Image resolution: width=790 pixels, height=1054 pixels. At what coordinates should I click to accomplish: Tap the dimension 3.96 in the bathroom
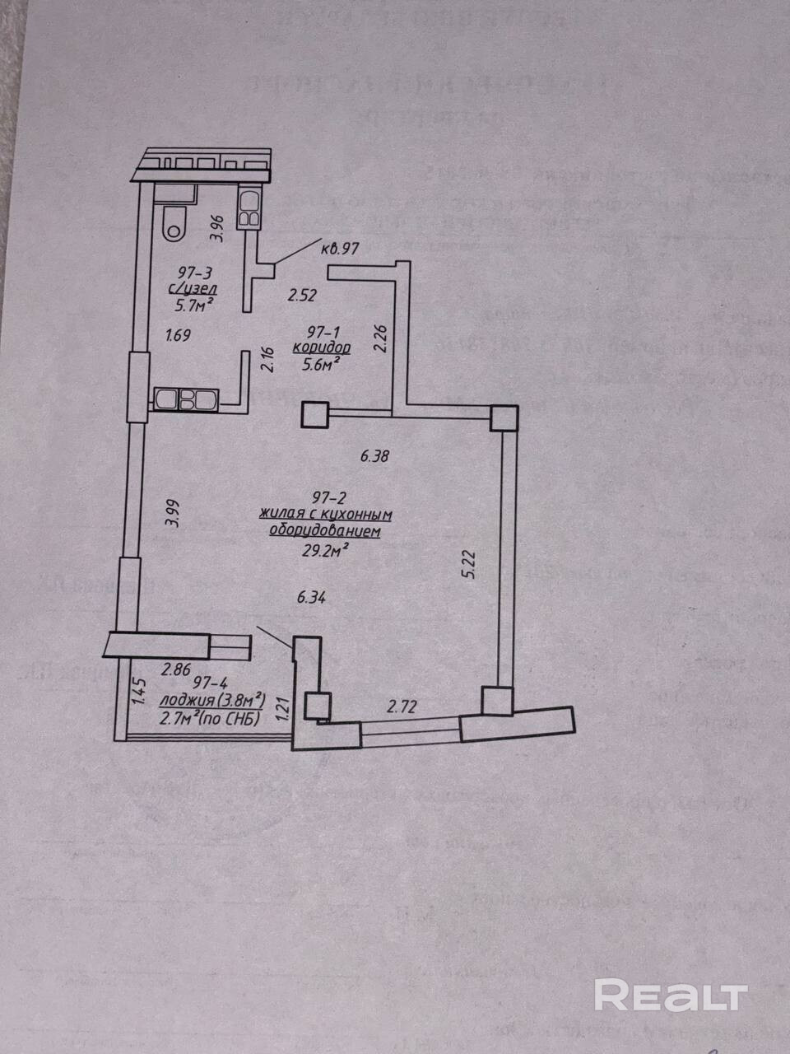(216, 228)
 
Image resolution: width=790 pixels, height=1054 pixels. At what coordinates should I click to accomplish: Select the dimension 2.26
(379, 337)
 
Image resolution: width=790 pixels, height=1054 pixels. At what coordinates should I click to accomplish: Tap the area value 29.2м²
(324, 551)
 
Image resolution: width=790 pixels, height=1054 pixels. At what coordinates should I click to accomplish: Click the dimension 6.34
(311, 599)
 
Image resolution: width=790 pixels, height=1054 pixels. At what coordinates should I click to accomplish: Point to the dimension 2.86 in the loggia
(177, 669)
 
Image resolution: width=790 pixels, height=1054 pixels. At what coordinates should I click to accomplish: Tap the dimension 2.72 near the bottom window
(402, 705)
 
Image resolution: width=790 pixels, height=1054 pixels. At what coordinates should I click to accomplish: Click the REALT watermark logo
(670, 996)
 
